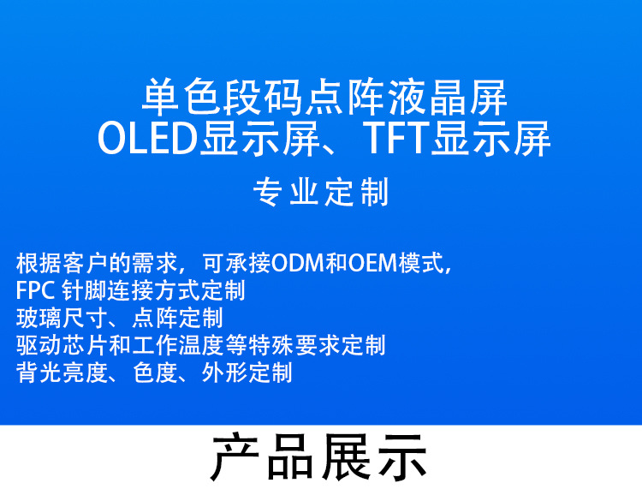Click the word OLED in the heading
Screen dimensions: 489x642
point(147,140)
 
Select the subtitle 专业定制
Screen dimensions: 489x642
point(321,193)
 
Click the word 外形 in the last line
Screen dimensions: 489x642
point(223,373)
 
